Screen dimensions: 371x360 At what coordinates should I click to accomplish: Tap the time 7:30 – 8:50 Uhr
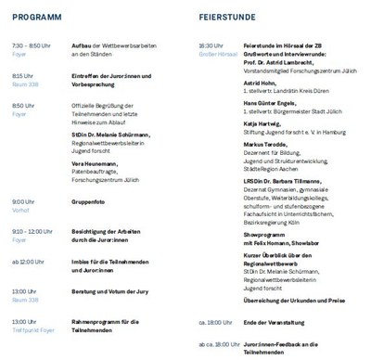[x=32, y=45]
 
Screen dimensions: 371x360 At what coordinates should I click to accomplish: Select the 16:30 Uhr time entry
[x=211, y=45]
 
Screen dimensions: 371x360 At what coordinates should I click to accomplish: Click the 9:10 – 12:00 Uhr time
[x=33, y=232]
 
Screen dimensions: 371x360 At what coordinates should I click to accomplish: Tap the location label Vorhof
[x=20, y=210]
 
